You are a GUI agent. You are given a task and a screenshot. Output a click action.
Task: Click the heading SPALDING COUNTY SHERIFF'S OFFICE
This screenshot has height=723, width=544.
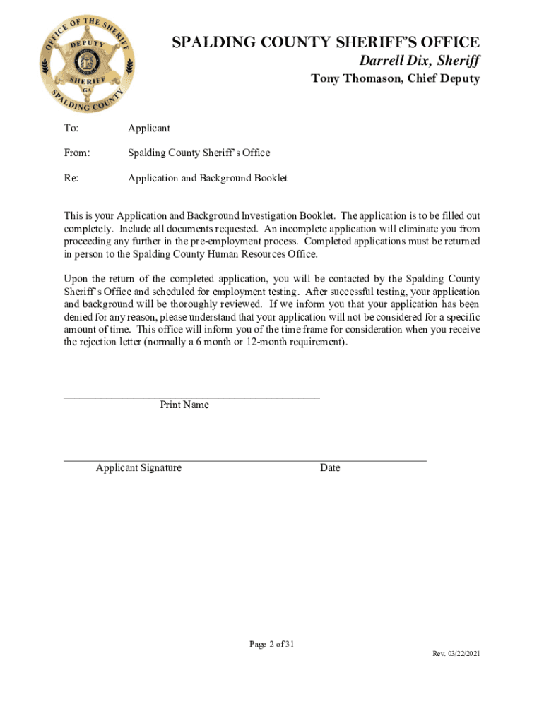[326, 43]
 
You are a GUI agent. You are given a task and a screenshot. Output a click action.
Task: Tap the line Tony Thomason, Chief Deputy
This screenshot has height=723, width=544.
[395, 79]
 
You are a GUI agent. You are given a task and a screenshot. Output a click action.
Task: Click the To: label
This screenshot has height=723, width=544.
[71, 129]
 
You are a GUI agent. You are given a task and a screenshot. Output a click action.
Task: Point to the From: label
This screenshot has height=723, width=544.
[77, 153]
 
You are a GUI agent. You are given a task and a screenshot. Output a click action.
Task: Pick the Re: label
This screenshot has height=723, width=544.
[71, 178]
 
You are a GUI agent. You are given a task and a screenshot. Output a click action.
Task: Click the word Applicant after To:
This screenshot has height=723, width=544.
[148, 129]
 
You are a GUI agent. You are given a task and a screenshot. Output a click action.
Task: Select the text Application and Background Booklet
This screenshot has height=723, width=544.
[207, 178]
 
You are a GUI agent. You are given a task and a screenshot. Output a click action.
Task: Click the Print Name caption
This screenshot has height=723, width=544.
[184, 405]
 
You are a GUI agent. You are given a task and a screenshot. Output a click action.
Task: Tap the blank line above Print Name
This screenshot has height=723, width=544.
[191, 396]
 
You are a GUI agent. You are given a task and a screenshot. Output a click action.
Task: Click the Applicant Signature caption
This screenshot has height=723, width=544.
[138, 468]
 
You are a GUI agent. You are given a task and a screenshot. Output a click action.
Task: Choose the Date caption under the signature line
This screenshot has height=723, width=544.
[329, 468]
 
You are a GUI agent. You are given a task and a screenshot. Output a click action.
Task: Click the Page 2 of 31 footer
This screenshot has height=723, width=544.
[271, 645]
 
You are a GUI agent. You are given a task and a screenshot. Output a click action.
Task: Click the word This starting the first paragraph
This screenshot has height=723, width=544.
[74, 215]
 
